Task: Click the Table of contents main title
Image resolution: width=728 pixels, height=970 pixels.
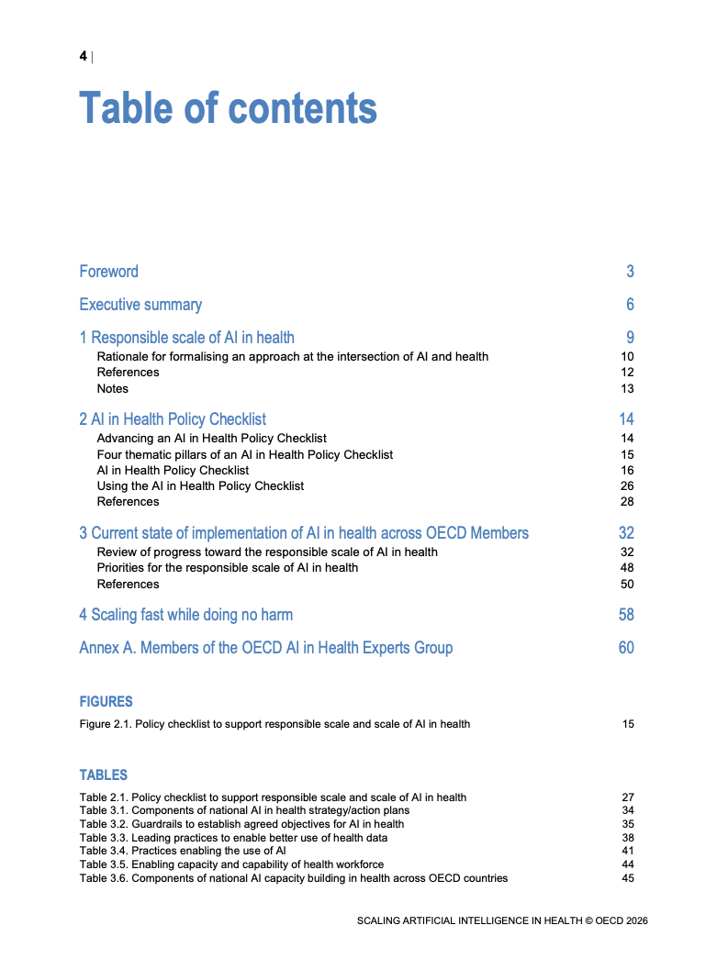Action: (228, 108)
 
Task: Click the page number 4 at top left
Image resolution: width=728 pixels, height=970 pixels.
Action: (83, 57)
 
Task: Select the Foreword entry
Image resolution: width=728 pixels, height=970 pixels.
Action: (108, 272)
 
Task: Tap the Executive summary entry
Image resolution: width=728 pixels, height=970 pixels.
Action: (140, 305)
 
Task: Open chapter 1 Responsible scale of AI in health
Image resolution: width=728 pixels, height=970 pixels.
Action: (186, 338)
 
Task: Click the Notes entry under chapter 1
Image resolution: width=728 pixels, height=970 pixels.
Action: (113, 388)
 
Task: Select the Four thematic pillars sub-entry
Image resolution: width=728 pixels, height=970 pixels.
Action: (244, 454)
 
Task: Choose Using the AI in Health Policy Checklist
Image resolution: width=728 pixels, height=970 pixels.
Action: (200, 485)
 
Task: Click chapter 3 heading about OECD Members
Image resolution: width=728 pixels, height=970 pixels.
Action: (304, 533)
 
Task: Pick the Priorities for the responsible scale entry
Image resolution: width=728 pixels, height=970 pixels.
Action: (227, 568)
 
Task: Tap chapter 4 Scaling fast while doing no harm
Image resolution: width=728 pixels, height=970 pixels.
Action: (185, 615)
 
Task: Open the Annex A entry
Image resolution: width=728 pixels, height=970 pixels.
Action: (265, 648)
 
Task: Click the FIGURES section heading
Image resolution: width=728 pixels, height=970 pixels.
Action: (106, 702)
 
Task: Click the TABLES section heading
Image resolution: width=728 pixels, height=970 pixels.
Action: (103, 775)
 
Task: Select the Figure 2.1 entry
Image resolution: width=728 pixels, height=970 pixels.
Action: (274, 724)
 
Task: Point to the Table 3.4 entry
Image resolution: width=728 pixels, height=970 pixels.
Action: (183, 851)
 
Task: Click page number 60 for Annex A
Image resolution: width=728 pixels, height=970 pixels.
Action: (626, 648)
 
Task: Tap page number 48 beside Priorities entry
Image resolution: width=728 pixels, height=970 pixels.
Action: (627, 568)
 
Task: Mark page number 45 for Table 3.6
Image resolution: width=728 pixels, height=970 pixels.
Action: (628, 878)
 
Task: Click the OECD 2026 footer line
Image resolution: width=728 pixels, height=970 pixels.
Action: (502, 920)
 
